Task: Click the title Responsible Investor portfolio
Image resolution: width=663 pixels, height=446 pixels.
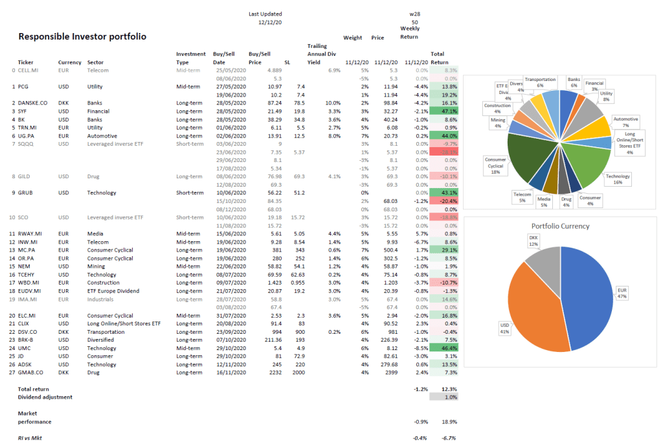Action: [x=82, y=36]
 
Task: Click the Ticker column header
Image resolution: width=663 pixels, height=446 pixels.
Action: [x=26, y=63]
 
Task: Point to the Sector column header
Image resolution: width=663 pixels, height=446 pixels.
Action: [x=96, y=63]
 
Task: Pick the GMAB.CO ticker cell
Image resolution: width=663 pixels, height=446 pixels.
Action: [x=32, y=373]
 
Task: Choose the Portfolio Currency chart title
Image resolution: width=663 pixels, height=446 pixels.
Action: [x=560, y=226]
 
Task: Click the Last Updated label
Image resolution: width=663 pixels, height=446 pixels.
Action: [x=265, y=14]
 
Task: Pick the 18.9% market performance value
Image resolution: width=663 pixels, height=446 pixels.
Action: [x=448, y=421]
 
